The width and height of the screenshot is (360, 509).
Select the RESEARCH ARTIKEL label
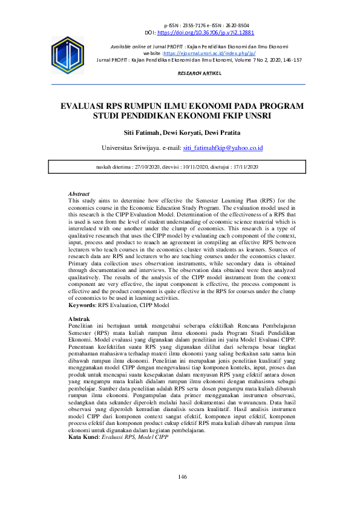coord(200,73)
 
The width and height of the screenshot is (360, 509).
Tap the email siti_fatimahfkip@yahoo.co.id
coord(223,148)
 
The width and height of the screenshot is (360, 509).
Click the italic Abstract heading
coord(79,193)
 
